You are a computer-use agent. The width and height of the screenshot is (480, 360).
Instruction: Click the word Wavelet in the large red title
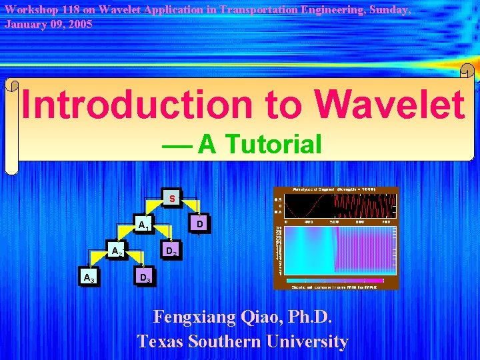pyautogui.click(x=390, y=105)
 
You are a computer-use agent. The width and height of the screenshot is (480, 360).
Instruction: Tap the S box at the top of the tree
pyautogui.click(x=172, y=199)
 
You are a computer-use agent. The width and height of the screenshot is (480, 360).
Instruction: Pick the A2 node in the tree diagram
pyautogui.click(x=117, y=251)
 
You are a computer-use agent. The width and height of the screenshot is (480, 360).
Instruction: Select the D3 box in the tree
pyautogui.click(x=144, y=277)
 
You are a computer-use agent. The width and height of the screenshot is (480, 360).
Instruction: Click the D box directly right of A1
pyautogui.click(x=199, y=225)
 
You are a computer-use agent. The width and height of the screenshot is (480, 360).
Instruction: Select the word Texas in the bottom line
pyautogui.click(x=160, y=341)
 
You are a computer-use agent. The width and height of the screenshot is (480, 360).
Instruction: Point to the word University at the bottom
pyautogui.click(x=306, y=341)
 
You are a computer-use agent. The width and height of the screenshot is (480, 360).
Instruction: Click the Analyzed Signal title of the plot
pyautogui.click(x=334, y=189)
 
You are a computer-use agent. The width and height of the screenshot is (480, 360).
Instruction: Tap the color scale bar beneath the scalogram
pyautogui.click(x=336, y=281)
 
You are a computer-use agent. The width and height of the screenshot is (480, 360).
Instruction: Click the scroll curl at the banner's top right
pyautogui.click(x=467, y=71)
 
